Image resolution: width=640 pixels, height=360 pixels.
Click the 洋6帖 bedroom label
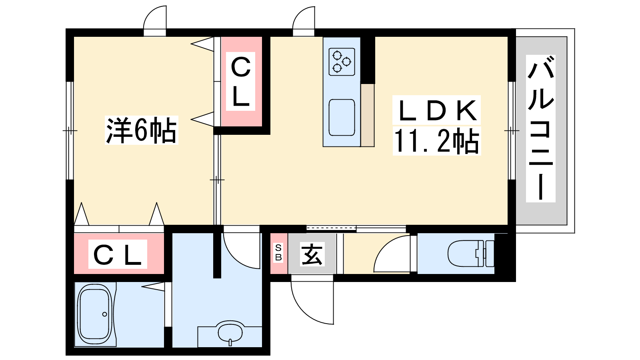[x=142, y=130]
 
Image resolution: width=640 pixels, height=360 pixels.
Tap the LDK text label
[x=436, y=110]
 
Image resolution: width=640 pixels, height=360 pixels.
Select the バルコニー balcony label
[x=540, y=128]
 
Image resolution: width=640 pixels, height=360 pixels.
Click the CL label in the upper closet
[x=240, y=82]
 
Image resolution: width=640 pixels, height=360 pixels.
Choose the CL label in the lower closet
[x=118, y=254]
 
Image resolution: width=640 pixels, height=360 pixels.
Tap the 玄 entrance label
[x=312, y=254]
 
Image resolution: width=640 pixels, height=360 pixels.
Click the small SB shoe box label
[x=278, y=252]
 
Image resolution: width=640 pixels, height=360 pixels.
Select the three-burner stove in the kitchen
[x=342, y=62]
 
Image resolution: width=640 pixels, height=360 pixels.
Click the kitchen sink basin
[x=342, y=118]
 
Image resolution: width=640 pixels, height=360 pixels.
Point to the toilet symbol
[x=471, y=254]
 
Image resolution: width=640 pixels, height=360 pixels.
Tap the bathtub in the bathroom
[x=95, y=314]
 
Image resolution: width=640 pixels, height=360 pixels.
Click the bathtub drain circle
[x=104, y=314]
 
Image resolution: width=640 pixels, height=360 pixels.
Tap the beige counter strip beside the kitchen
[x=368, y=115]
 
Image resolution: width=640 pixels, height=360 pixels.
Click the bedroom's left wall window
[x=70, y=130]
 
